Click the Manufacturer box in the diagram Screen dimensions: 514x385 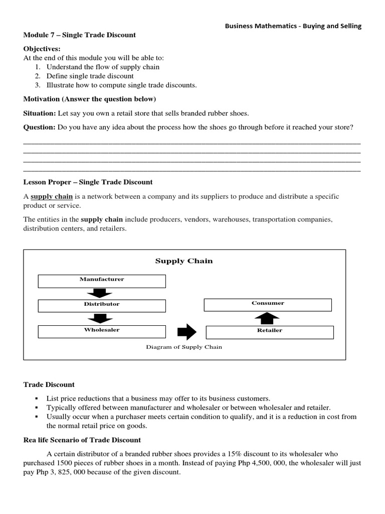point(102,281)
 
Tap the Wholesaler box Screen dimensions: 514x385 point(102,331)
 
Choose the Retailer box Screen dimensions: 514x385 point(270,332)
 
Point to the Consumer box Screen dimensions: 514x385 point(268,305)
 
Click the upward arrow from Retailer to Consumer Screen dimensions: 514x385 point(270,318)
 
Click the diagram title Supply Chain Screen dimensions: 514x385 point(183,261)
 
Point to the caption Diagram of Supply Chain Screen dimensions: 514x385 point(183,347)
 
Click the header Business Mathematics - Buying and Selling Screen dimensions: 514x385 point(293,26)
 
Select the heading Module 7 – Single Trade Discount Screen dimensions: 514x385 point(80,35)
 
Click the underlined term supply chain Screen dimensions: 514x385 point(52,196)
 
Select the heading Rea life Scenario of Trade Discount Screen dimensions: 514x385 point(82,440)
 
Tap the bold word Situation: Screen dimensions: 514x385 point(40,113)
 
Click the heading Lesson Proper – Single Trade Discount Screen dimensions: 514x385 point(88,182)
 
